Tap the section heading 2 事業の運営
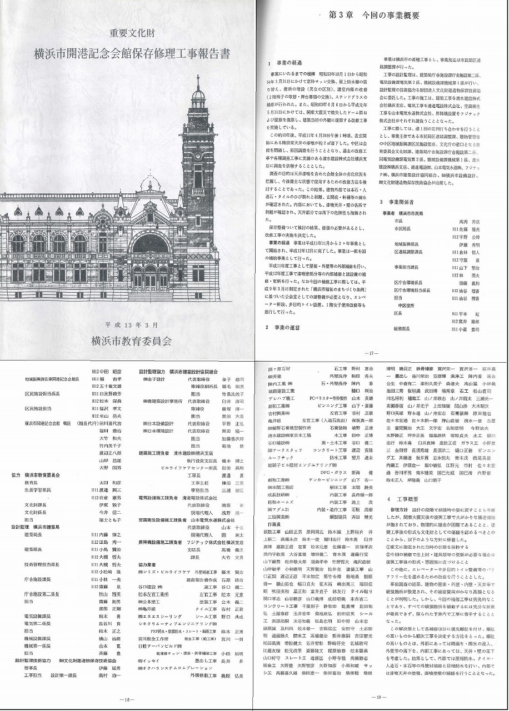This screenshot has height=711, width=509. (282, 327)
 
